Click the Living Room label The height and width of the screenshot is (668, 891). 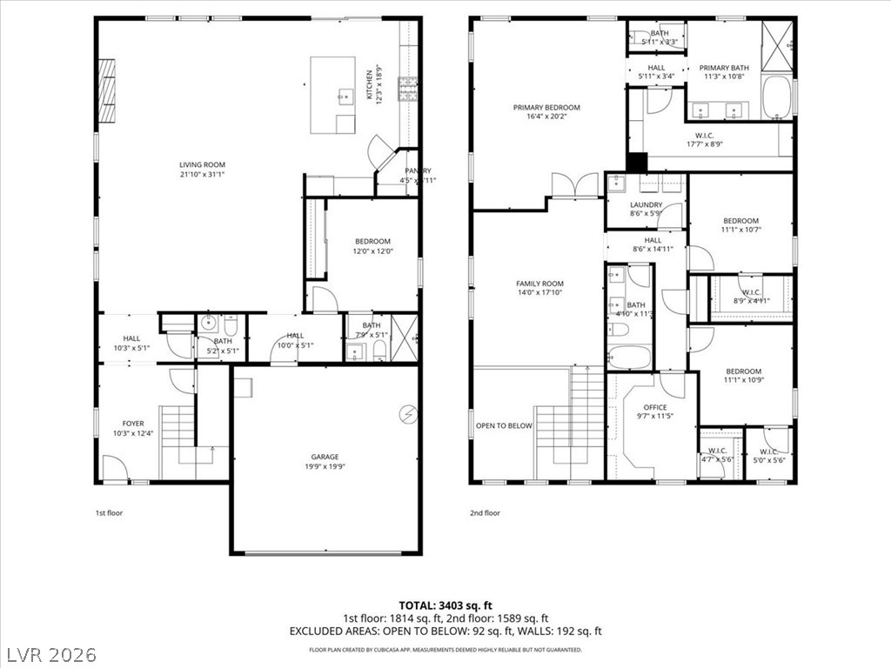pyautogui.click(x=202, y=164)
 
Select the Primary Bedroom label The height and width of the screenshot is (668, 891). pyautogui.click(x=546, y=108)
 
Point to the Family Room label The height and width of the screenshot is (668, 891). pyautogui.click(x=539, y=284)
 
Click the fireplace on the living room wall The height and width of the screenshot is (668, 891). pyautogui.click(x=106, y=91)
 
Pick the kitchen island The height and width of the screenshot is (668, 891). pyautogui.click(x=333, y=95)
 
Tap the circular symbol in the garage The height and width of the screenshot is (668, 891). pyautogui.click(x=407, y=414)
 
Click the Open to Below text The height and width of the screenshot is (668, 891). pyautogui.click(x=504, y=426)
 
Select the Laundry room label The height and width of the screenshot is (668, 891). pyautogui.click(x=646, y=205)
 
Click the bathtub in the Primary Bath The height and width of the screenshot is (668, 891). pyautogui.click(x=777, y=98)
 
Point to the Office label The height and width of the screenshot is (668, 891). pyautogui.click(x=655, y=407)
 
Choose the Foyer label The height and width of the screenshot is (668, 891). pyautogui.click(x=133, y=424)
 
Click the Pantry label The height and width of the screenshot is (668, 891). pyautogui.click(x=417, y=170)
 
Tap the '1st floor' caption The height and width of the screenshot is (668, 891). pyautogui.click(x=109, y=513)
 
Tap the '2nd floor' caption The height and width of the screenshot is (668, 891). pyautogui.click(x=486, y=513)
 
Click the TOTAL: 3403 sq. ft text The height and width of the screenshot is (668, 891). pyautogui.click(x=445, y=605)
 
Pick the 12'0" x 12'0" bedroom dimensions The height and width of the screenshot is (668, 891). pyautogui.click(x=372, y=251)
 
